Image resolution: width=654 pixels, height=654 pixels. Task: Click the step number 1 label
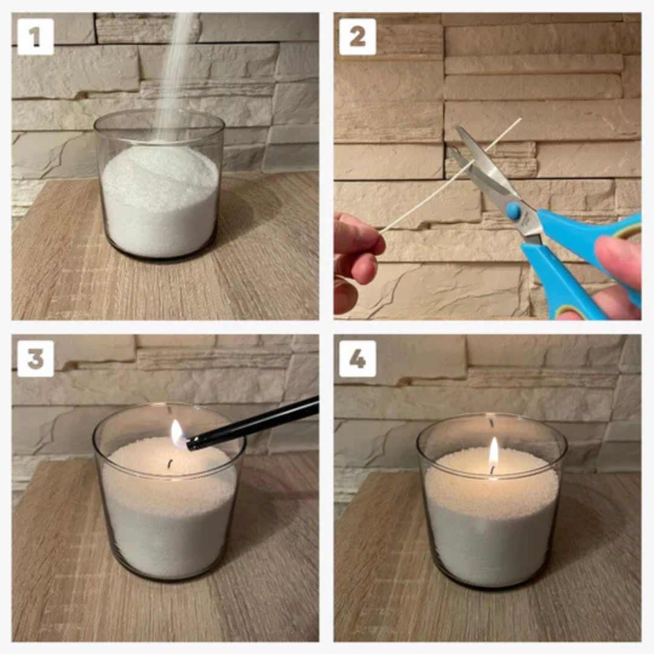[x=36, y=37]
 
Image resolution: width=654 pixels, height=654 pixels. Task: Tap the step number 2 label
[x=357, y=37]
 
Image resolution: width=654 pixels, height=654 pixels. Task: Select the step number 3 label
[x=36, y=358]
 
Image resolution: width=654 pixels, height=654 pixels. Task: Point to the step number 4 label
[x=357, y=358]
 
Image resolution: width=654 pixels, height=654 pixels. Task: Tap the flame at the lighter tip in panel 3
[x=177, y=434]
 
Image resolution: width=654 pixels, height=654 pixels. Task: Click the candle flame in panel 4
[x=494, y=451]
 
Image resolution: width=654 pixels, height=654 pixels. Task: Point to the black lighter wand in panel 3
[x=253, y=423]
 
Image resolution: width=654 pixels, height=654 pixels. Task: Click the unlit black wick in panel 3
[x=170, y=464]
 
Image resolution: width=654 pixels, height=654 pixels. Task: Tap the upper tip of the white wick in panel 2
[x=521, y=119]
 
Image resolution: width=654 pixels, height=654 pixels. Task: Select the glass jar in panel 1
[x=159, y=184]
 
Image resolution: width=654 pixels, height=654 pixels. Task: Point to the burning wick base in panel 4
[x=492, y=470]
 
